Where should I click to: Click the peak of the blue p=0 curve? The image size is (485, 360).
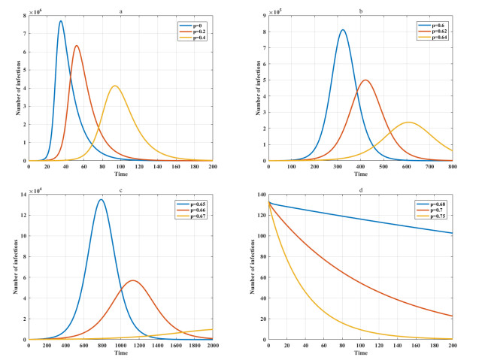point(61,21)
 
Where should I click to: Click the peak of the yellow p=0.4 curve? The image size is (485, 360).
point(115,86)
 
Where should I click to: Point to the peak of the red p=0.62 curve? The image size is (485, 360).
point(365,80)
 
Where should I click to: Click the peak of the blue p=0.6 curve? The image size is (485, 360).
point(343,30)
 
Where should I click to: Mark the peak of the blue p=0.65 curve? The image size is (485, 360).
point(102,199)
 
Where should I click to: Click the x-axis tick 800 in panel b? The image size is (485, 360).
point(453,167)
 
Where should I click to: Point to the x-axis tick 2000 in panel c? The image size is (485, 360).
point(213,346)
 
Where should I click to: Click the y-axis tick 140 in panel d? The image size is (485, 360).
point(262,194)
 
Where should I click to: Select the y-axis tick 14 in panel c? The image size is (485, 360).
point(23,194)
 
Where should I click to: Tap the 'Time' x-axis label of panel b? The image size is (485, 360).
point(361,174)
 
